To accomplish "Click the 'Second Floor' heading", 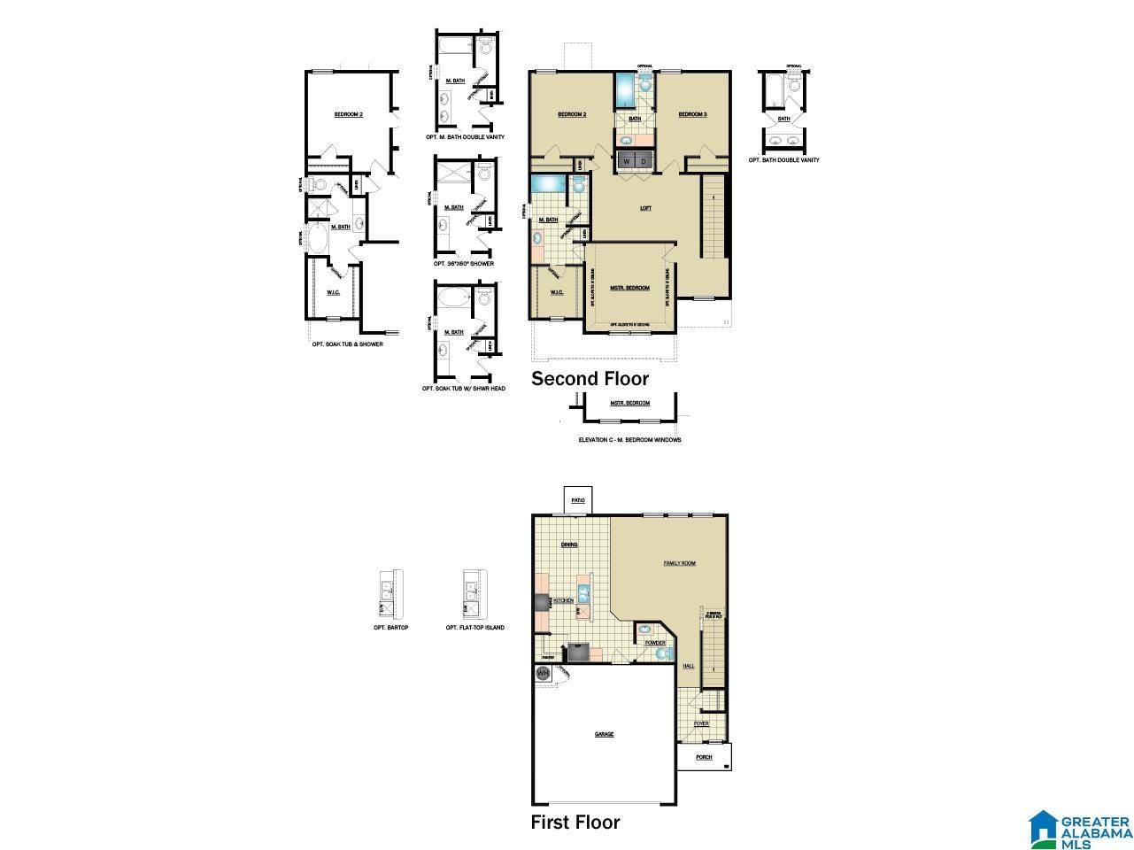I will [x=590, y=379].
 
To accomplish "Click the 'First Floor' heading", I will [x=575, y=822].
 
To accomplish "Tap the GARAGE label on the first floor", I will [x=604, y=734].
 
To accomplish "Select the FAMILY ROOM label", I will [x=680, y=563].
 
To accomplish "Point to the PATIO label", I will [x=578, y=500].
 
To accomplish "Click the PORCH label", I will [x=704, y=757].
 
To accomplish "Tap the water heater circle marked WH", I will [x=543, y=673].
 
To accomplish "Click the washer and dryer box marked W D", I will [x=635, y=161].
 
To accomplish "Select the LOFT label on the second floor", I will [x=645, y=208].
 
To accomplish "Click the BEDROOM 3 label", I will [x=692, y=114].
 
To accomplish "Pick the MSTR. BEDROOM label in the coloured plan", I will [x=629, y=288].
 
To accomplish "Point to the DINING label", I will [x=569, y=545].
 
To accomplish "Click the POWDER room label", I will [x=655, y=643].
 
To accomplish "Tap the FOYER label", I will [x=701, y=723].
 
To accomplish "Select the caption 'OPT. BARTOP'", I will [x=390, y=628].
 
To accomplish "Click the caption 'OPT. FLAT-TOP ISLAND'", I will [x=475, y=628].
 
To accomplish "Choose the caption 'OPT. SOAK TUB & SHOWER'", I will [x=348, y=344].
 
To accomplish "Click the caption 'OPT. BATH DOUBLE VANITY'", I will [x=783, y=160].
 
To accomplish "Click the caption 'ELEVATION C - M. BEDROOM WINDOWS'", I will [x=629, y=439].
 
